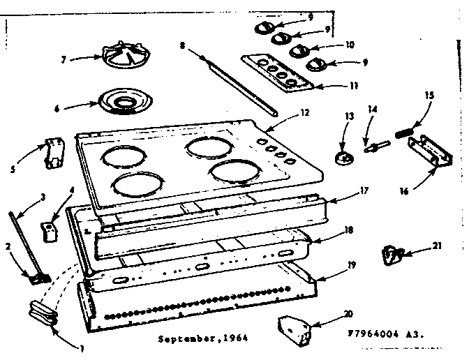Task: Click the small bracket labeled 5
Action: click(x=52, y=153)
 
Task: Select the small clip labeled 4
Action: click(x=48, y=230)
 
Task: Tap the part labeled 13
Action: click(x=342, y=157)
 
